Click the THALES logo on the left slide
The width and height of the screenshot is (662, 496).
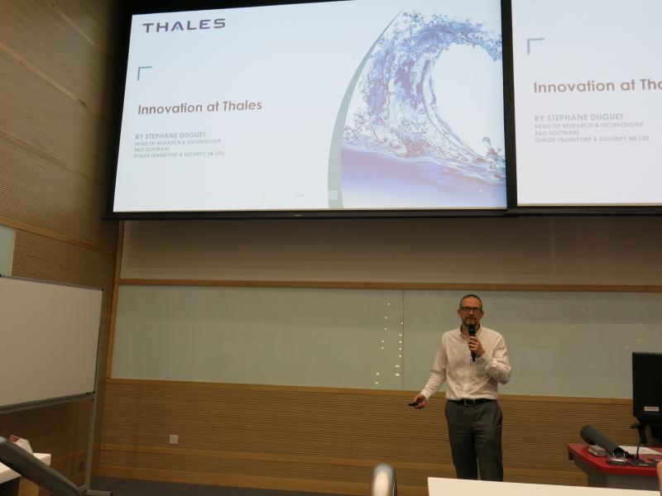(184, 26)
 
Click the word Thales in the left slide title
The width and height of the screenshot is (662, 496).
(242, 107)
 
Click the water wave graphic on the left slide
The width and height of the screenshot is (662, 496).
(422, 107)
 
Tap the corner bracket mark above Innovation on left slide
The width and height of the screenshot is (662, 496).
(144, 73)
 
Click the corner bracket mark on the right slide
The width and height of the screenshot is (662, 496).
(535, 45)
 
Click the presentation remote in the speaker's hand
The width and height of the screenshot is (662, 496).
(413, 404)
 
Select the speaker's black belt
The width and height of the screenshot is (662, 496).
(472, 402)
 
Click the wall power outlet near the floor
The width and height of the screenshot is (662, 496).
(174, 439)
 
